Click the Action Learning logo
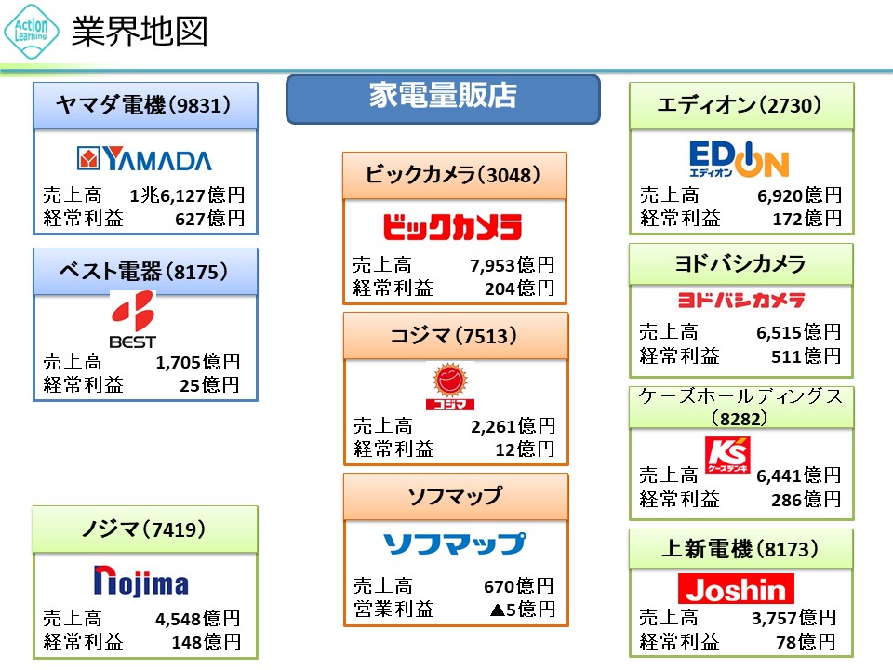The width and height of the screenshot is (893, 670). (x=32, y=32)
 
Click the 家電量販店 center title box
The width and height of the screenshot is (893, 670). (x=443, y=99)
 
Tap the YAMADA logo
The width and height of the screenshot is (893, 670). (x=144, y=159)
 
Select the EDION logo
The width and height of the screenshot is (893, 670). (x=739, y=159)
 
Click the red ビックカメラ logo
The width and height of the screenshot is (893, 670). (x=453, y=227)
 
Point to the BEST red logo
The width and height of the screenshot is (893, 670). (x=133, y=319)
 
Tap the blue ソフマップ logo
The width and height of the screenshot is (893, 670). (x=455, y=543)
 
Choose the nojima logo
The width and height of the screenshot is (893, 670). (x=141, y=581)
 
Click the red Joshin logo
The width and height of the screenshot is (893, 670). (x=736, y=588)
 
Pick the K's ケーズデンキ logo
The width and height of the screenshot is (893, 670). (x=727, y=455)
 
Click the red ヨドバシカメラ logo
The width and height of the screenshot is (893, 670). (x=741, y=300)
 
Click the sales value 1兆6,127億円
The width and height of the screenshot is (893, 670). (x=187, y=195)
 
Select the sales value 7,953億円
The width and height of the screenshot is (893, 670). (x=512, y=265)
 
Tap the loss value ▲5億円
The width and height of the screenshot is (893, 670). (x=522, y=610)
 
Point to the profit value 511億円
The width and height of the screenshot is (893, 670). (x=806, y=356)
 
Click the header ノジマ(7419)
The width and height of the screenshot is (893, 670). (x=144, y=529)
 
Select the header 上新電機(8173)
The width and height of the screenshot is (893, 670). (x=740, y=549)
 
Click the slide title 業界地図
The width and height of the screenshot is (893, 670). (x=140, y=31)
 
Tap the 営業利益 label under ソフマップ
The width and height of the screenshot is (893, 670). (x=393, y=609)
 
